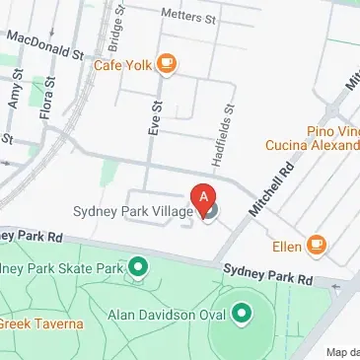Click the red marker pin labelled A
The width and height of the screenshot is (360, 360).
click(x=204, y=197)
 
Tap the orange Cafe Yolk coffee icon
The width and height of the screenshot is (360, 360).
click(x=167, y=65)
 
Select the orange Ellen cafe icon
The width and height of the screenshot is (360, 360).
click(x=316, y=244)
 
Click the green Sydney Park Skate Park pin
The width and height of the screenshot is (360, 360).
click(x=138, y=266)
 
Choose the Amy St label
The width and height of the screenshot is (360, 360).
click(x=14, y=96)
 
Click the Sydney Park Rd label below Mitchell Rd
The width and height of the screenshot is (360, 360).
click(x=257, y=271)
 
